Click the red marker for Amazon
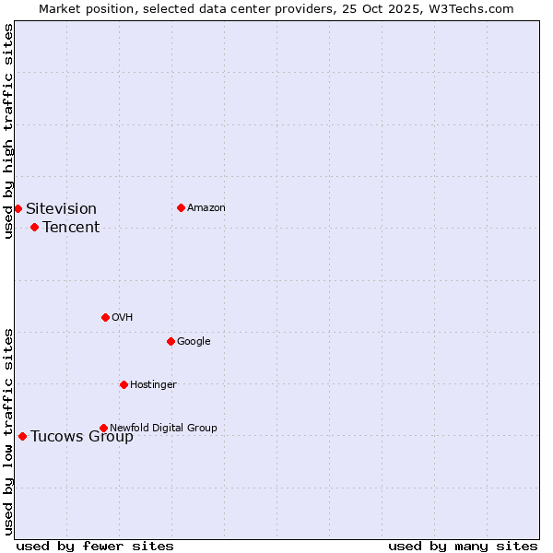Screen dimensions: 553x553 tap(181, 207)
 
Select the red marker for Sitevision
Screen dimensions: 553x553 tap(18, 208)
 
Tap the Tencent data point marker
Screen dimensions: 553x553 tap(34, 227)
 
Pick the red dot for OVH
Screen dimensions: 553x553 tap(105, 317)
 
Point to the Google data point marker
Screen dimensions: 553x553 tap(171, 341)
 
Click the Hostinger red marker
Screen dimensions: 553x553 tap(124, 384)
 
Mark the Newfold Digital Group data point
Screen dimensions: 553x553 tap(103, 428)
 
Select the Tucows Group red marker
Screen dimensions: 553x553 tap(22, 436)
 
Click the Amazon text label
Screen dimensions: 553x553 tap(206, 207)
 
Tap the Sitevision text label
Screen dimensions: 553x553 tap(61, 208)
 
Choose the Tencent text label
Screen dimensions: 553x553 tap(71, 227)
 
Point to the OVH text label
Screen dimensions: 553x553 tap(123, 317)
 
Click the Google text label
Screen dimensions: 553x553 tap(194, 341)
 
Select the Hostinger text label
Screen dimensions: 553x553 tap(153, 384)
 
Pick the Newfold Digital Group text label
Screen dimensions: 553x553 tap(163, 428)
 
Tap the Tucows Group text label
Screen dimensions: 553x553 tap(82, 436)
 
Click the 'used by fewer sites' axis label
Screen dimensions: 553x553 tap(95, 546)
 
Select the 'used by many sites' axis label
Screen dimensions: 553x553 tap(463, 546)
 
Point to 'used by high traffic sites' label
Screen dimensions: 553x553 tap(8, 131)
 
